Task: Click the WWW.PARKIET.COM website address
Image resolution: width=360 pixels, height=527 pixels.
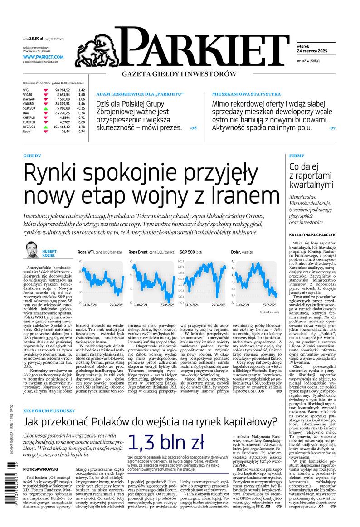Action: point(43,57)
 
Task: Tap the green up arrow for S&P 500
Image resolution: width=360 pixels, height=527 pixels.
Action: point(46,108)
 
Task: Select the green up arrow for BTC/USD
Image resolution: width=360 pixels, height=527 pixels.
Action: point(46,127)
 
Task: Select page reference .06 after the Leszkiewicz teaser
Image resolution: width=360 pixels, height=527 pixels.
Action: point(193,128)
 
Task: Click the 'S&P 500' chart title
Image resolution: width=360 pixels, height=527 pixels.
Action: point(188,251)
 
